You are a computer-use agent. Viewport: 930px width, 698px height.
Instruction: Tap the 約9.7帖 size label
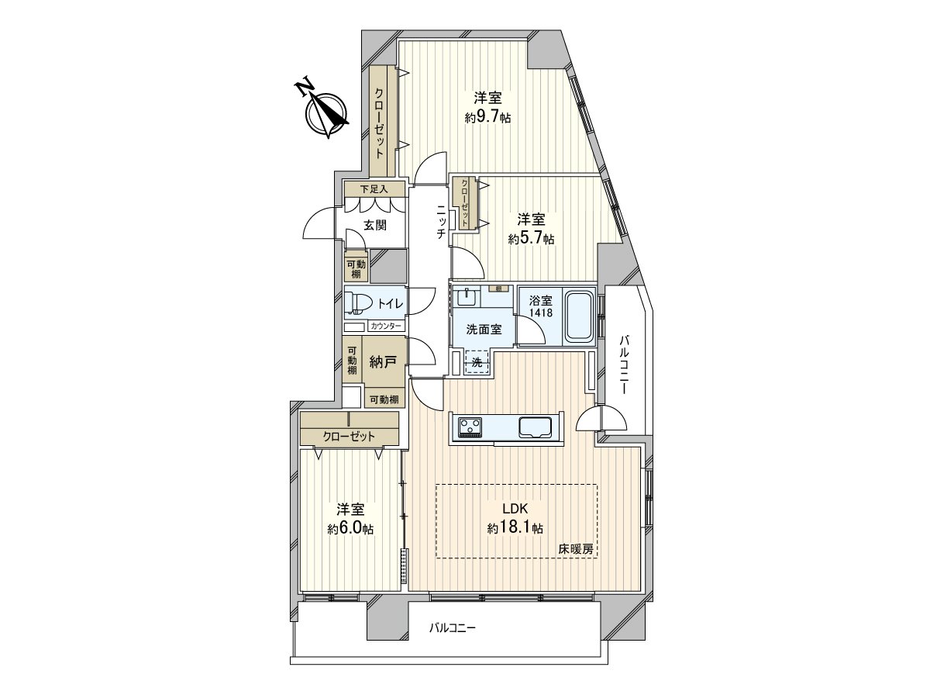pyautogui.click(x=487, y=117)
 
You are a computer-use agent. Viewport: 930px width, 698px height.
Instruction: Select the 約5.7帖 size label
pyautogui.click(x=531, y=239)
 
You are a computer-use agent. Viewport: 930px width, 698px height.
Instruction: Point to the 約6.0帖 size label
pyautogui.click(x=350, y=529)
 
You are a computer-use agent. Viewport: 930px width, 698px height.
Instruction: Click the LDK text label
pyautogui.click(x=515, y=509)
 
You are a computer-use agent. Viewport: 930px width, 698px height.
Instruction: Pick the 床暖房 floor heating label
pyautogui.click(x=576, y=549)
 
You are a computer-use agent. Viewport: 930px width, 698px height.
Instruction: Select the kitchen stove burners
pyautogui.click(x=470, y=426)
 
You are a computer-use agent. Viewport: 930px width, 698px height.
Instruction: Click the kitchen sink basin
pyautogui.click(x=535, y=426)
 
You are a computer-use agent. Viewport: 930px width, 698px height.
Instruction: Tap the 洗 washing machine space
pyautogui.click(x=477, y=361)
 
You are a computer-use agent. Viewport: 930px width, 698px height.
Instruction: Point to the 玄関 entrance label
pyautogui.click(x=375, y=226)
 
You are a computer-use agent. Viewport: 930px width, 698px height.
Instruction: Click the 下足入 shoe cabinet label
pyautogui.click(x=373, y=188)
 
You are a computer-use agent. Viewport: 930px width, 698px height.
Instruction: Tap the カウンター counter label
pyautogui.click(x=385, y=327)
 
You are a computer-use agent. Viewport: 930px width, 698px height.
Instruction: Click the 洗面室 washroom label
pyautogui.click(x=484, y=329)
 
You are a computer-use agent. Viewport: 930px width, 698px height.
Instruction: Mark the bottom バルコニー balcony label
pyautogui.click(x=453, y=628)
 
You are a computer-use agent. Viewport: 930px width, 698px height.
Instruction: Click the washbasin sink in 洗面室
pyautogui.click(x=467, y=297)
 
